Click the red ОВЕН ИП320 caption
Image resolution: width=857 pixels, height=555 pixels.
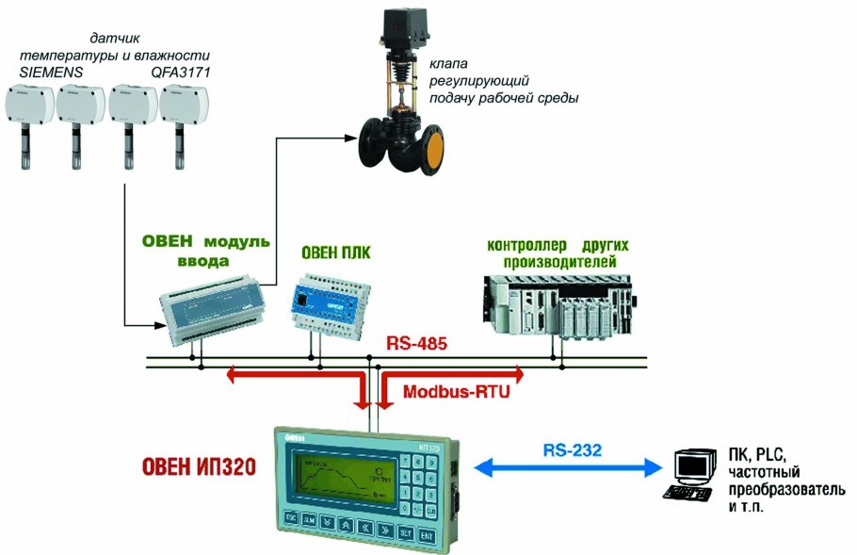pos(199,466)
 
